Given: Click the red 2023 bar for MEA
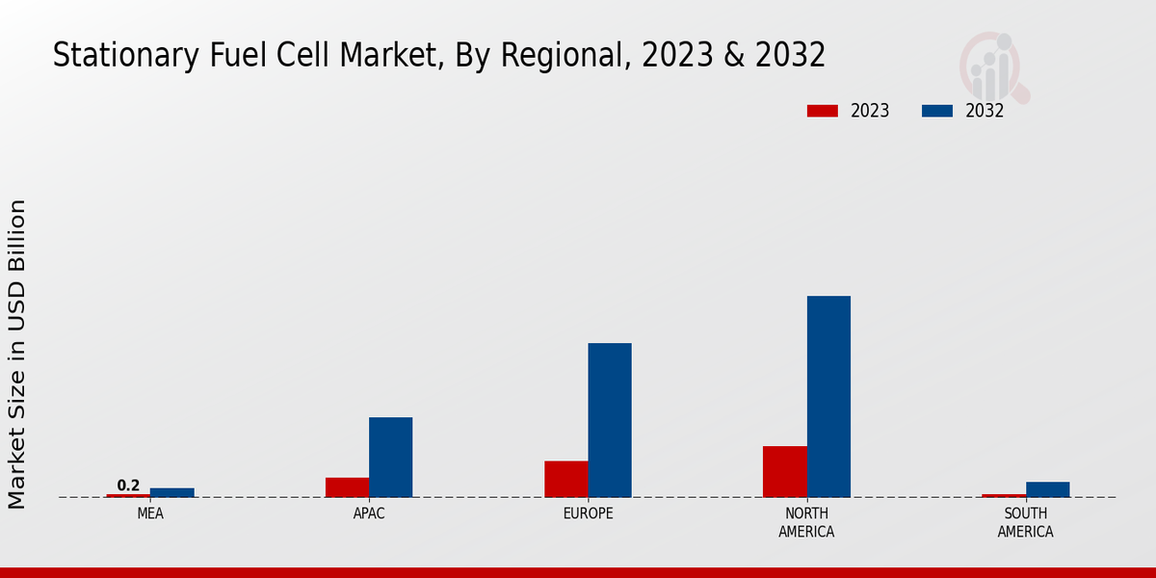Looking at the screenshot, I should (128, 495).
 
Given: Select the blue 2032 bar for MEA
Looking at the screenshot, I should (171, 492).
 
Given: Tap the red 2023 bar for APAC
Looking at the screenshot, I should (347, 487).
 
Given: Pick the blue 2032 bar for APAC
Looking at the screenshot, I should (390, 457).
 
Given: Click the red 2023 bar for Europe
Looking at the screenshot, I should (565, 479).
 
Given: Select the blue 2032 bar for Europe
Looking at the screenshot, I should (610, 420).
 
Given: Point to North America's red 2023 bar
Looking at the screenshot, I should (784, 471).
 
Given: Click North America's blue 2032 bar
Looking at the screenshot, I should (828, 396).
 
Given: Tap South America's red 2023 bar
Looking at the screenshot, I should (1003, 495).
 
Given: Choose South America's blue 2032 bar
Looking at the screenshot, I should (1047, 489).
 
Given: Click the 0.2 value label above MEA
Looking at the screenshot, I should (128, 486).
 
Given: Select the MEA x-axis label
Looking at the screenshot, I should (150, 514).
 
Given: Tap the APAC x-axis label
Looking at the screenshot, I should (369, 514).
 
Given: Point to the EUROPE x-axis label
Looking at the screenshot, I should (588, 514).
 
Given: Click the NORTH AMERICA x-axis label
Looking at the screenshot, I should (806, 523).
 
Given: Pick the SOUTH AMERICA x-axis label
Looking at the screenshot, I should (1025, 523).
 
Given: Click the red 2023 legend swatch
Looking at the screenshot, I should (823, 111).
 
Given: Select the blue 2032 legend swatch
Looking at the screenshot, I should (937, 111).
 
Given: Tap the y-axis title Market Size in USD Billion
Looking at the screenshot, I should (17, 354).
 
